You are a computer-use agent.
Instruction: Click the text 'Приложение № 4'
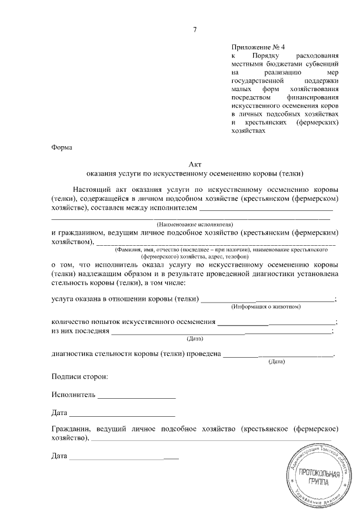(255, 48)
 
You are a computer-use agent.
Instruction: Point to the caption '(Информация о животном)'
(267, 307)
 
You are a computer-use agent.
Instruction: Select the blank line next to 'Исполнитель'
(137, 397)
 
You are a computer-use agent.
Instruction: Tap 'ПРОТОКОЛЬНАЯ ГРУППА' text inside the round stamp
(319, 478)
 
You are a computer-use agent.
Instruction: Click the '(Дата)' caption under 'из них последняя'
(195, 339)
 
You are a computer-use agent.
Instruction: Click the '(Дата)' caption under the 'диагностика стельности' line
(277, 362)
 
